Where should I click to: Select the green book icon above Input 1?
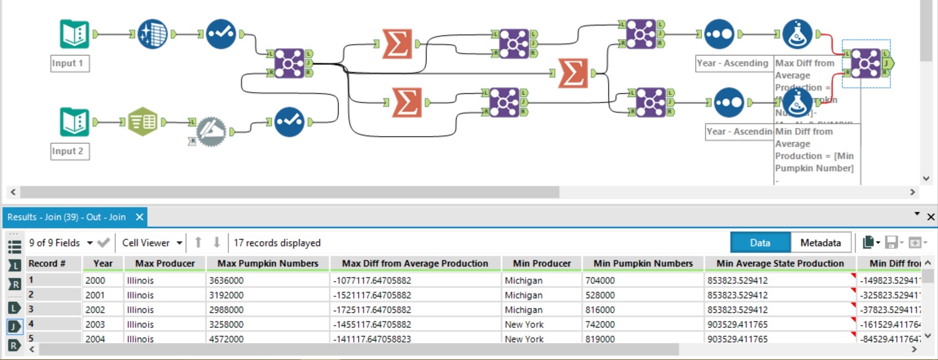coord(74,34)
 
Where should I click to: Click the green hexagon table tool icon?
coord(142,122)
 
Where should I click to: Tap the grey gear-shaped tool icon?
coord(211,132)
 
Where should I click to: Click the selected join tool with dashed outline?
coord(865,63)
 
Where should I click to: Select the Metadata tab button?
coord(820,243)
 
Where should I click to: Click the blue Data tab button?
coord(759,243)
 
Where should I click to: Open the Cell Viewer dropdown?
coord(151,243)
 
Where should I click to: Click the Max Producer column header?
coord(164,263)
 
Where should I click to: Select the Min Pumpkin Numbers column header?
coord(643,263)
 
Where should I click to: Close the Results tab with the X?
coord(140,217)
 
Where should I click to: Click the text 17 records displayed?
coord(277,243)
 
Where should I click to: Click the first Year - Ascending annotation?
coord(732,63)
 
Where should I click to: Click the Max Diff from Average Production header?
coord(415,263)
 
